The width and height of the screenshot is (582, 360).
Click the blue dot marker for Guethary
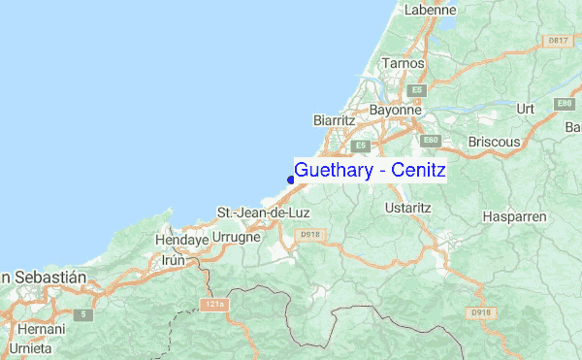coord(291,179)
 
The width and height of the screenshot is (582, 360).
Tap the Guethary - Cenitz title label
coord(370,171)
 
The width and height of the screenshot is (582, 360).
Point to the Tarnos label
coord(404,63)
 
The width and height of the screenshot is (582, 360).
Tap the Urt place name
coord(527,108)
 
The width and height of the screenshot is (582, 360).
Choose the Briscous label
coord(494,142)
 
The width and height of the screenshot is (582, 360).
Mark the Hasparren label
coord(515,216)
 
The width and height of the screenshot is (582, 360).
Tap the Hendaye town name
coord(182,238)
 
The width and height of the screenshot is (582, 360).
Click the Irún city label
coord(173,260)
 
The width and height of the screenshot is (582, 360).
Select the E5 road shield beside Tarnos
coord(417,89)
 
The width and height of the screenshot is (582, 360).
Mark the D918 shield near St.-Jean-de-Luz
coord(310,234)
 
